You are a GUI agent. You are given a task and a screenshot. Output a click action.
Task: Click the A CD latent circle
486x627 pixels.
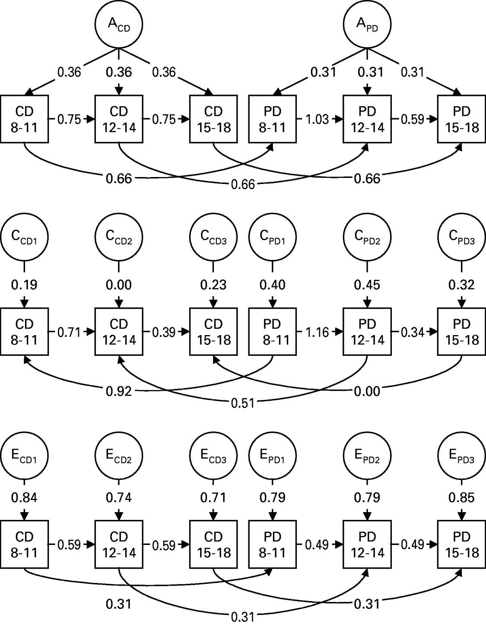[x=119, y=24]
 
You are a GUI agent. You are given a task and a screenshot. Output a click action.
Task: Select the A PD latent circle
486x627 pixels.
[x=367, y=24]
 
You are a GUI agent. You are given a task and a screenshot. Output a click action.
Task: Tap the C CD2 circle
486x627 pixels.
[x=119, y=237]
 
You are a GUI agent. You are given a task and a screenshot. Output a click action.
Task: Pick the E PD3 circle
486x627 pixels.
[x=461, y=456]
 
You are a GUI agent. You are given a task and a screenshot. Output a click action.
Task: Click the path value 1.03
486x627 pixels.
[x=318, y=119]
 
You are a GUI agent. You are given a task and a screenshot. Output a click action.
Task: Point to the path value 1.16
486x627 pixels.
[x=318, y=332]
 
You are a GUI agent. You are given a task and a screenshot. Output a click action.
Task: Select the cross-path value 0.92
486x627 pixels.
[x=119, y=391]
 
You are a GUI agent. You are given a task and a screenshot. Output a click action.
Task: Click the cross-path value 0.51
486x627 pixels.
[x=243, y=403]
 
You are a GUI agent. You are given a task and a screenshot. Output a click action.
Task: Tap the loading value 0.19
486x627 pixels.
[x=24, y=285]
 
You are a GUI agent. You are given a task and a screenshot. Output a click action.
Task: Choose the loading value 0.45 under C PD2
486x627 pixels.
[x=367, y=285]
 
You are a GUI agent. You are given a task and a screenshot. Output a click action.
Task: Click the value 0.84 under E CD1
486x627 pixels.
[x=24, y=497]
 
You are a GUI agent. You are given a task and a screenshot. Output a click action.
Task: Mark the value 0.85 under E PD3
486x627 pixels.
[x=461, y=497]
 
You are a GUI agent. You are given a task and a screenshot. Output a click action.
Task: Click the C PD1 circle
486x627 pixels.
[x=273, y=237]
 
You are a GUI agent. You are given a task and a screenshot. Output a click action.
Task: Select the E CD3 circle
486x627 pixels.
[x=213, y=456]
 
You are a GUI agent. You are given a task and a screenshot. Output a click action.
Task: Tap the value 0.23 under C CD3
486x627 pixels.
[x=213, y=285]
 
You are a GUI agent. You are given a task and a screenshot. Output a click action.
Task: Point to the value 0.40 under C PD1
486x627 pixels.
[x=273, y=285]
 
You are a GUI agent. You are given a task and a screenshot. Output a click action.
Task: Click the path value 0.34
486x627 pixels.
[x=412, y=332]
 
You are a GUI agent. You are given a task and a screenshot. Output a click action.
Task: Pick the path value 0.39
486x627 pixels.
[x=164, y=332]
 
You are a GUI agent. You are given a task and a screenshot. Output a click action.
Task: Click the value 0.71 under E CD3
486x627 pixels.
[x=213, y=497]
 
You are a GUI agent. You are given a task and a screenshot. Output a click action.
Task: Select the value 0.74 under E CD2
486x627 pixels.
[x=119, y=497]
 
